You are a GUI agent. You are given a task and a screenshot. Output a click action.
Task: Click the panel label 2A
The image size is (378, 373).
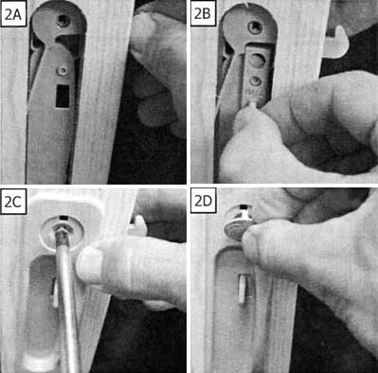tap(13, 14)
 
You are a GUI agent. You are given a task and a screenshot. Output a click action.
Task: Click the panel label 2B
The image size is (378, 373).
tap(202, 14)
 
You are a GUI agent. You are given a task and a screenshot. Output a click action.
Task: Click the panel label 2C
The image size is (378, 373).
tap(13, 202)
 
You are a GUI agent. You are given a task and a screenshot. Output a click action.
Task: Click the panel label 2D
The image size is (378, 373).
tap(203, 202)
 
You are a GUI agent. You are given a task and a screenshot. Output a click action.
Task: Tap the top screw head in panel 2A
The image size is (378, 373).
tap(62, 20)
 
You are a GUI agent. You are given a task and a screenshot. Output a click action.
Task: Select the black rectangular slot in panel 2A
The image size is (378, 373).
tap(63, 96)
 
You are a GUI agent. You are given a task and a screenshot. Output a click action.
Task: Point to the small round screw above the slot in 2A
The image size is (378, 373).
tap(62, 71)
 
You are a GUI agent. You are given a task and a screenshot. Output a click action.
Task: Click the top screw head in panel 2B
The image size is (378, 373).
tap(254, 27)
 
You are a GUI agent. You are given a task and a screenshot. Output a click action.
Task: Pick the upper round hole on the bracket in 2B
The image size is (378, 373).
tap(257, 61)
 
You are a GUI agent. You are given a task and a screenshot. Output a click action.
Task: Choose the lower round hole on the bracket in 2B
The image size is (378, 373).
tap(254, 82)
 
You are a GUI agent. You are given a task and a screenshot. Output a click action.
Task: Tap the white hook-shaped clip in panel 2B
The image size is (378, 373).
tap(336, 42)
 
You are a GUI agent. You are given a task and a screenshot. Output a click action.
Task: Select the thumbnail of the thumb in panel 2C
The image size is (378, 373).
tap(89, 263)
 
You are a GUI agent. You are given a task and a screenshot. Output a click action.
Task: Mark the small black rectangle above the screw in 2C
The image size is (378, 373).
tap(63, 218)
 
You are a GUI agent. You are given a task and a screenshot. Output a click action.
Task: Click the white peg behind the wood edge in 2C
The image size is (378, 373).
tap(138, 225)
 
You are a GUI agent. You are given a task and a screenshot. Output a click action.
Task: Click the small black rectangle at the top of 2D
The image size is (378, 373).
tap(243, 207)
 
